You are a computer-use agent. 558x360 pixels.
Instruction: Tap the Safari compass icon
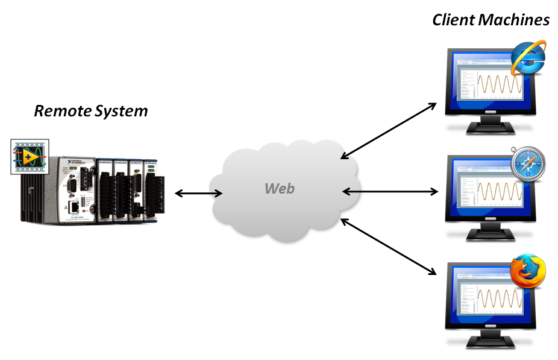528,164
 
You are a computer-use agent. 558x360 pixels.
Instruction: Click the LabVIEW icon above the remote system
30,157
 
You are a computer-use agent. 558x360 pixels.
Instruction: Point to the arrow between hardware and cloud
198,194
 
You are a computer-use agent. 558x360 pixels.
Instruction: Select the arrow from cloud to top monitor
389,130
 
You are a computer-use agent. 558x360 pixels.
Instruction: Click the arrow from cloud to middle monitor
390,192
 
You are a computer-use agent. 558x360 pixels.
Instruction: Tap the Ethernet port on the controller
72,206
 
